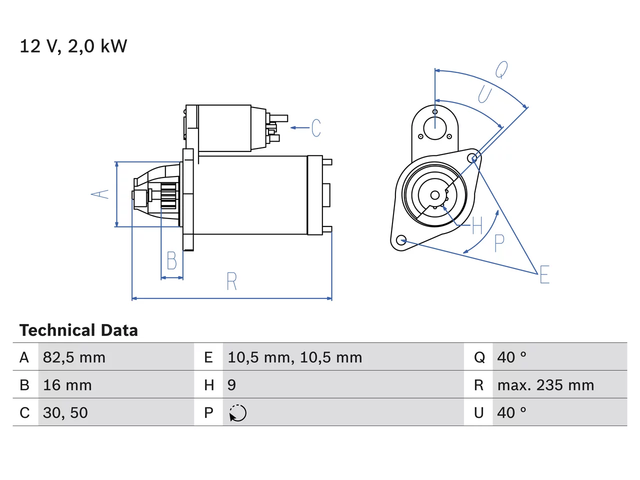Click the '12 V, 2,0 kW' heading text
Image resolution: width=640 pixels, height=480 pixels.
(x=73, y=46)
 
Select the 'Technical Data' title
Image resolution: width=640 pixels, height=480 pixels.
(x=78, y=330)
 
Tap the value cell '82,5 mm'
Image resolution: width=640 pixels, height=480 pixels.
(x=74, y=357)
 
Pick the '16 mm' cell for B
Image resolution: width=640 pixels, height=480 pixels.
(x=67, y=385)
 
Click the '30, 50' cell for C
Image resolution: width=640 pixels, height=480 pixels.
(x=65, y=412)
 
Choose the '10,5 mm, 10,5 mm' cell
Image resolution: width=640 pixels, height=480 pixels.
(x=295, y=357)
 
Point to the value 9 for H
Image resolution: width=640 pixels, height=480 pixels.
(x=232, y=385)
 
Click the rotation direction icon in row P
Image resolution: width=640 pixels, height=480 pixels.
(x=237, y=413)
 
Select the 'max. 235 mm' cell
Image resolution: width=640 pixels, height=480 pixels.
(x=545, y=385)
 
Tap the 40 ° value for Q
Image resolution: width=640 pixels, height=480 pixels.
(x=511, y=357)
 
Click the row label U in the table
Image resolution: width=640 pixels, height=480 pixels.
(x=479, y=412)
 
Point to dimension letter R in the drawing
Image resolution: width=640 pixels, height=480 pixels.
(x=232, y=281)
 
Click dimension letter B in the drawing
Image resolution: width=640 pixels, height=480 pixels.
(x=171, y=260)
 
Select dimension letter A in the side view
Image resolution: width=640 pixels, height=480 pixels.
(x=99, y=194)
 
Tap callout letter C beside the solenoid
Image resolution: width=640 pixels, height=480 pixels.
(x=316, y=127)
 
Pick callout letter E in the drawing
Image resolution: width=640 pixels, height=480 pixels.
(x=544, y=274)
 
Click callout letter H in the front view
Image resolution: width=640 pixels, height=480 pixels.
(x=477, y=225)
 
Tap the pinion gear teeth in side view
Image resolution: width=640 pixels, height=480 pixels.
(x=169, y=195)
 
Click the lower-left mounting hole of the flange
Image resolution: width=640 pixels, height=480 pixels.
(x=401, y=240)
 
